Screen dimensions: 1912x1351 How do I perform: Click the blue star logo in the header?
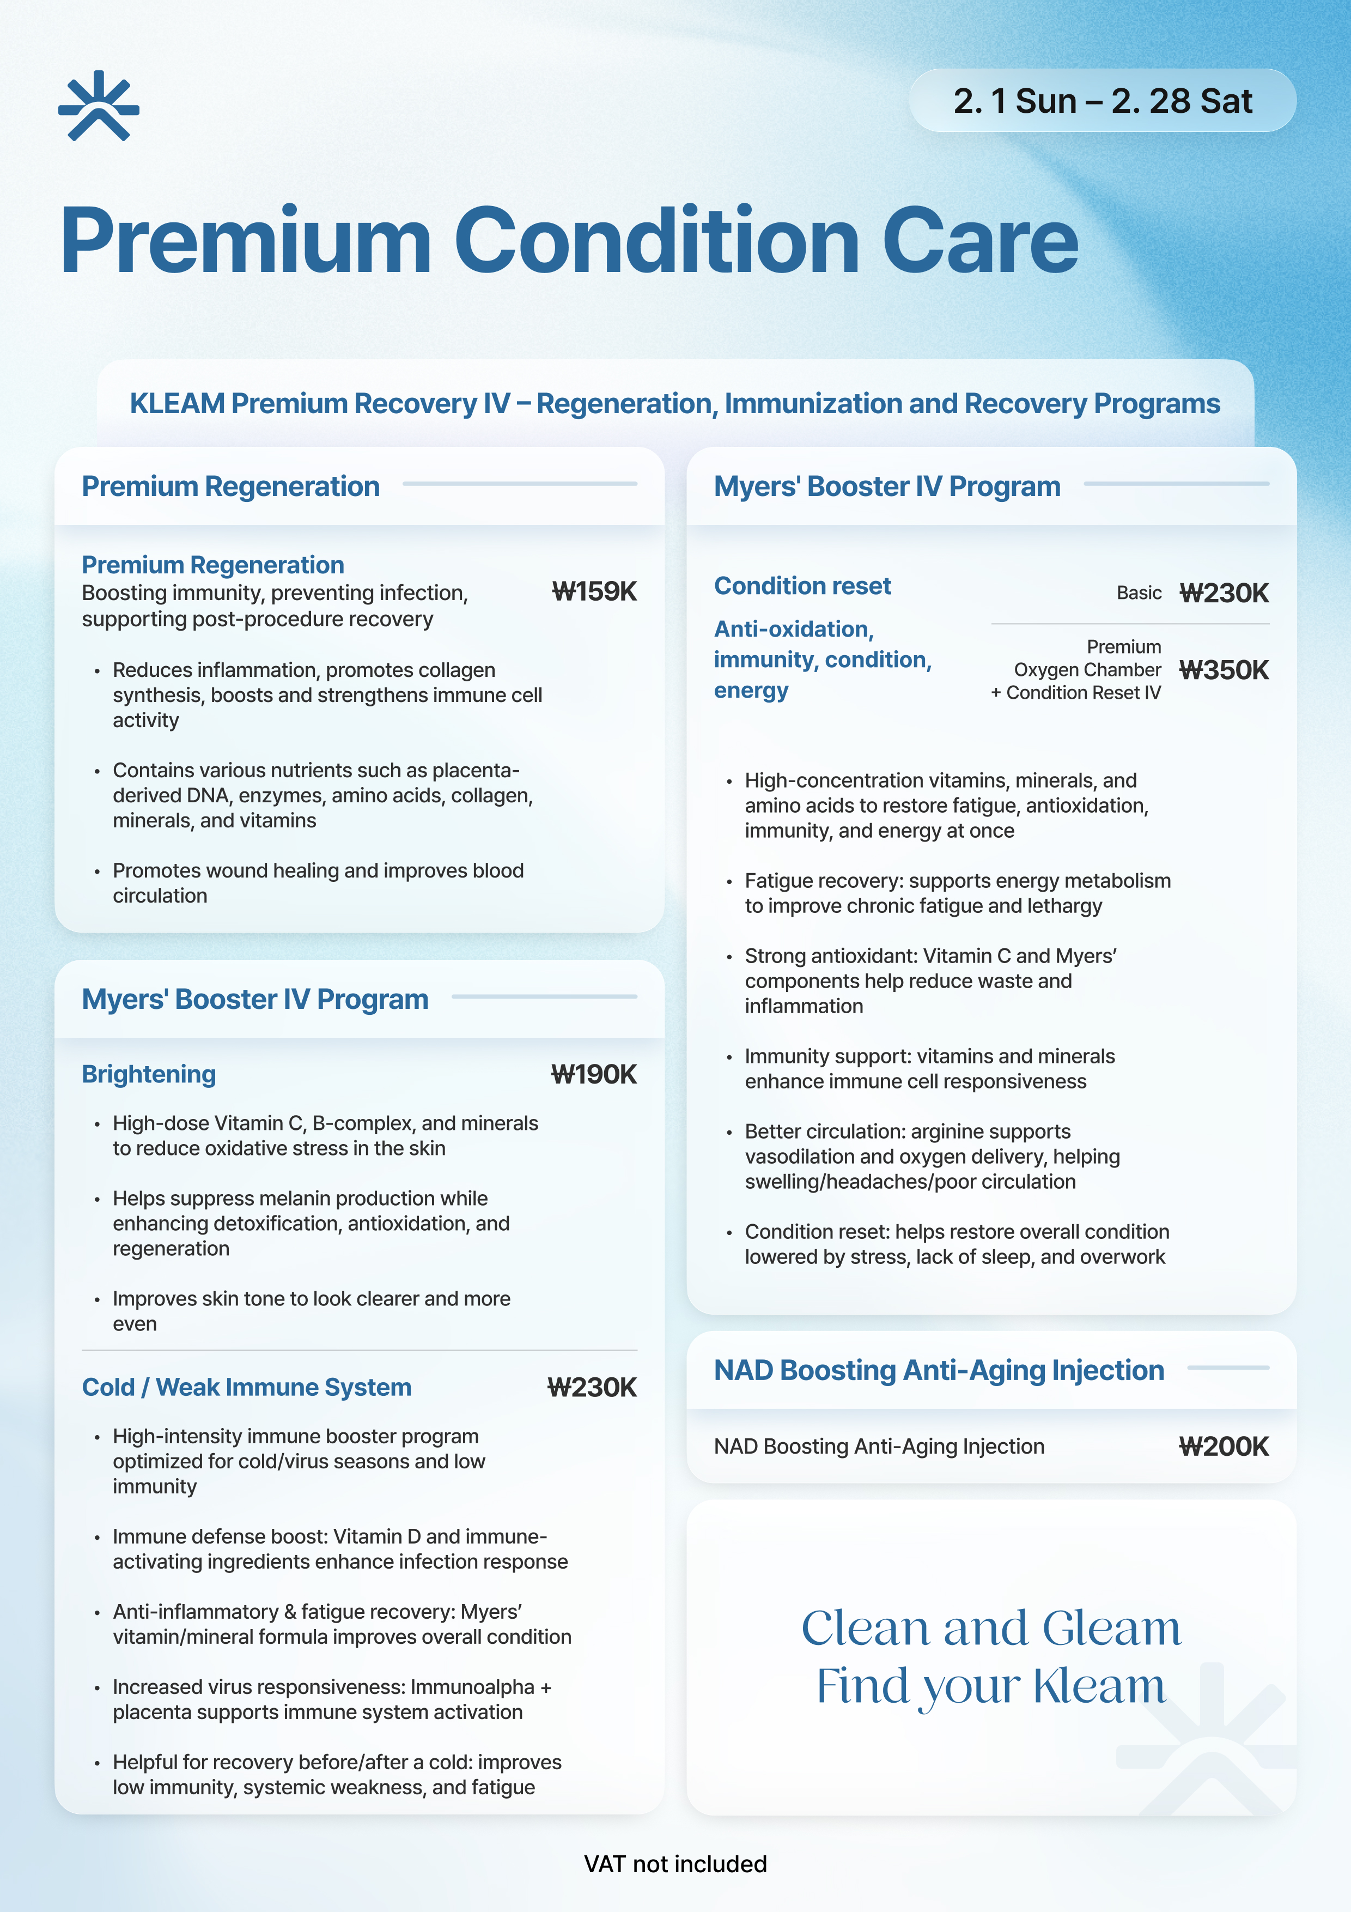tap(98, 106)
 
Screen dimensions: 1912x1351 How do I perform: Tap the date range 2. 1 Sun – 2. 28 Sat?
tap(1102, 101)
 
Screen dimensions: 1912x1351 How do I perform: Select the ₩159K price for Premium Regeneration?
tap(594, 592)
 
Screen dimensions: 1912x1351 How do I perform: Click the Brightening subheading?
tap(149, 1074)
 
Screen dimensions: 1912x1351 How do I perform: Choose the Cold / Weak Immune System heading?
tap(246, 1387)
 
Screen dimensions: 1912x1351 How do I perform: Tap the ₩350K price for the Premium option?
tap(1224, 670)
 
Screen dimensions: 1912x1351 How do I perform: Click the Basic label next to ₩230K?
tap(1139, 593)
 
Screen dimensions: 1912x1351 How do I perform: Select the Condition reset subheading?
tap(802, 586)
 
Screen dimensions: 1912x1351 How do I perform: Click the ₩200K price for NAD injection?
tap(1224, 1447)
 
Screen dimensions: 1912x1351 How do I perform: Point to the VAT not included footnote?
tap(675, 1863)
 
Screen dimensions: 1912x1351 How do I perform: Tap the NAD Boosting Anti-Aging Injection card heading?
tap(939, 1371)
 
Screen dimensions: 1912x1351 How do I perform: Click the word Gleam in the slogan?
tap(1111, 1629)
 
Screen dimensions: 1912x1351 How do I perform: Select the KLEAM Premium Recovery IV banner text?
tap(674, 404)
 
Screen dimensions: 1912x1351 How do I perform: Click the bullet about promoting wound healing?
tap(318, 883)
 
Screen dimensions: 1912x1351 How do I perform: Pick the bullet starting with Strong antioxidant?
tap(930, 981)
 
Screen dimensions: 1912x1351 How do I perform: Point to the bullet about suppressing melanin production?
tap(311, 1223)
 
